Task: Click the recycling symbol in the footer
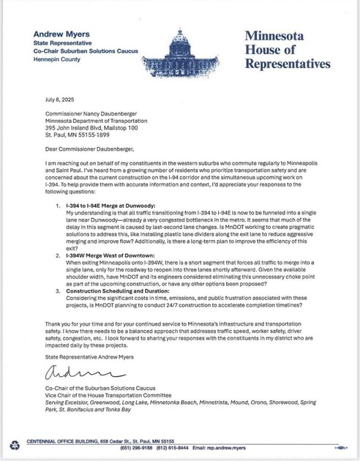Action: point(15,444)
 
